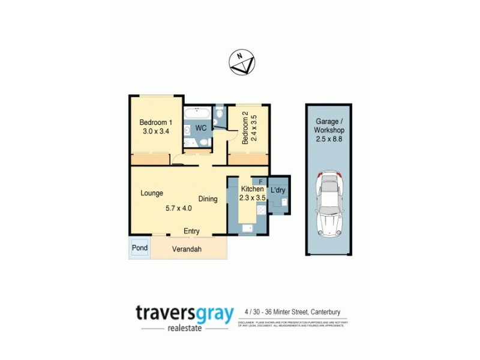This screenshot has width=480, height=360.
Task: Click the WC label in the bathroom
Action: tap(202, 128)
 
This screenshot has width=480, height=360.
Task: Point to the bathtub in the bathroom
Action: tap(197, 113)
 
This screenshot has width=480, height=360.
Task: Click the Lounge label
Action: tap(152, 193)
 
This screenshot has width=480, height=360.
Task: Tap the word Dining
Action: tap(208, 199)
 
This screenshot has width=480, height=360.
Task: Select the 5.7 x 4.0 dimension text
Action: tap(178, 209)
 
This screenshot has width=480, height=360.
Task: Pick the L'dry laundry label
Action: tap(278, 190)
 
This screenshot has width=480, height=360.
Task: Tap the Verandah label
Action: tap(187, 250)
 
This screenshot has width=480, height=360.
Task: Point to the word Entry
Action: tap(191, 231)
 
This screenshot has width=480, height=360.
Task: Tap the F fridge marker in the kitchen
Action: tap(260, 181)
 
